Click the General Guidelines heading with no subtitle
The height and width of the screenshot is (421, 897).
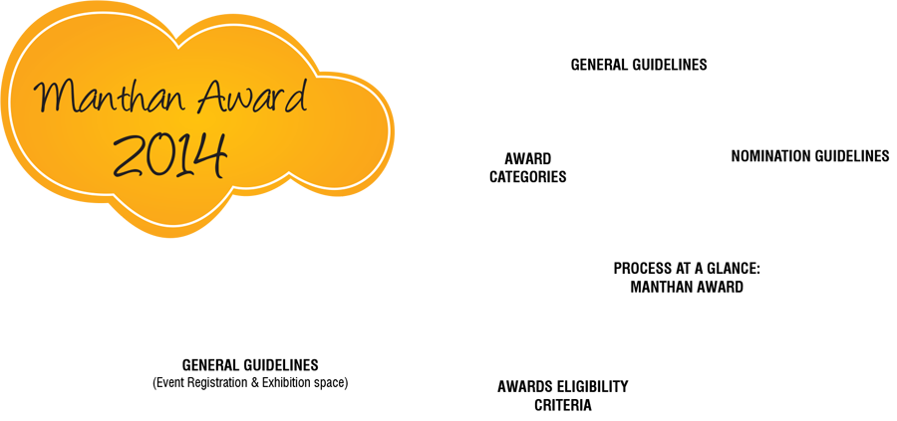[x=639, y=65]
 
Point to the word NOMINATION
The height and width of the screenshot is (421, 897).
[x=771, y=156]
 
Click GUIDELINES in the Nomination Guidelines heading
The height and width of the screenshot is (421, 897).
[x=852, y=156]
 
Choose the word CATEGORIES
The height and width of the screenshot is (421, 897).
[x=527, y=177]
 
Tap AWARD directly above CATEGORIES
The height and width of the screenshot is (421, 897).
[x=527, y=159]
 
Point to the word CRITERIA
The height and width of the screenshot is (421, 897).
[x=563, y=406]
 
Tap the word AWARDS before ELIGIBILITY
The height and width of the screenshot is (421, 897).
[x=525, y=387]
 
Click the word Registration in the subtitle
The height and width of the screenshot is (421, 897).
[x=216, y=382]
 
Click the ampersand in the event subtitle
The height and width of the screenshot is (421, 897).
[x=255, y=382]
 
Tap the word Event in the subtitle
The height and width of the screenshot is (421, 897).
[x=169, y=382]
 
